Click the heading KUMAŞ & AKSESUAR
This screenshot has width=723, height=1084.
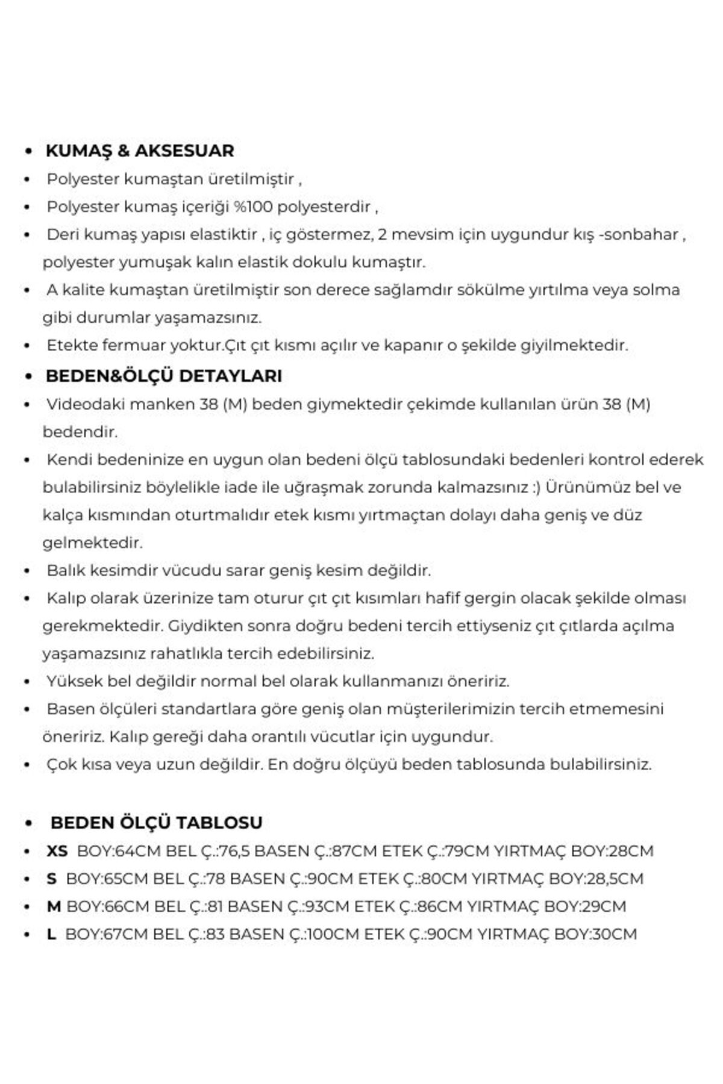point(140,151)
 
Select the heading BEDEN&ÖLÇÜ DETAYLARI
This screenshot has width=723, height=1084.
point(164,376)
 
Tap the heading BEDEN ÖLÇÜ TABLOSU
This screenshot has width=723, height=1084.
point(157,823)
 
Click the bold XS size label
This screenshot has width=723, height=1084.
point(57,851)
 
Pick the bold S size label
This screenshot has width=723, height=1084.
point(52,879)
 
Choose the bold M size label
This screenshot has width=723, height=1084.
point(54,906)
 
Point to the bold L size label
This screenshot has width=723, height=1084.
point(51,934)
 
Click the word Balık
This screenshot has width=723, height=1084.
point(64,570)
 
